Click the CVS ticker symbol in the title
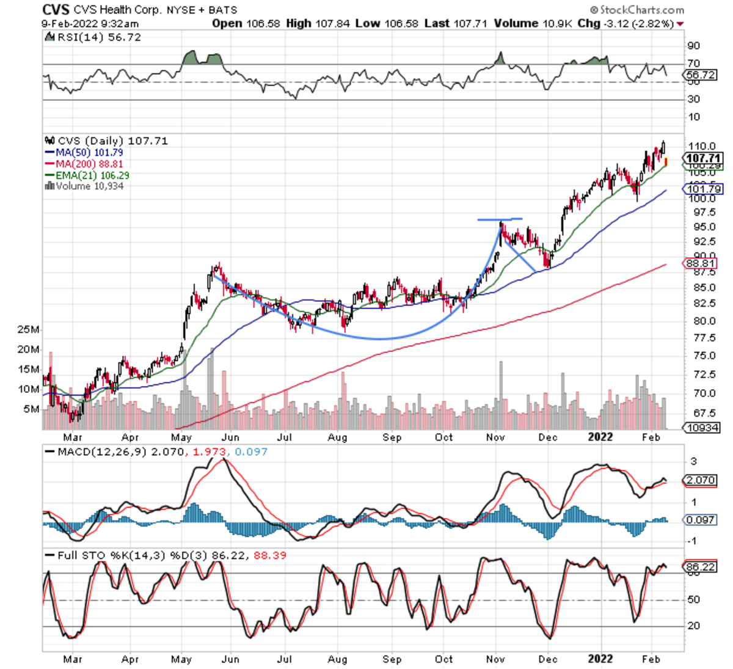pyautogui.click(x=56, y=10)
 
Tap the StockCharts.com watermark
pyautogui.click(x=637, y=10)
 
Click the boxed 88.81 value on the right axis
pyautogui.click(x=700, y=263)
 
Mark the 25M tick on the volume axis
pyautogui.click(x=29, y=330)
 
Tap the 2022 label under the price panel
pyautogui.click(x=600, y=437)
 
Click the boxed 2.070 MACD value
pyautogui.click(x=700, y=480)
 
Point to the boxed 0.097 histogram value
pyautogui.click(x=700, y=520)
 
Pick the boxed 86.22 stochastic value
pyautogui.click(x=700, y=567)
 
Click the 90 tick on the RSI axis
pyautogui.click(x=693, y=46)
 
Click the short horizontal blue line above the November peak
pyautogui.click(x=500, y=219)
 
